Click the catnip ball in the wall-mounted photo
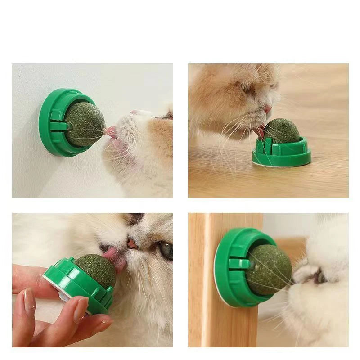[x=85, y=124]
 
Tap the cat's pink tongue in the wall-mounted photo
[x=111, y=132]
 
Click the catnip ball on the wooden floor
[x=281, y=131]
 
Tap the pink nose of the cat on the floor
[x=268, y=109]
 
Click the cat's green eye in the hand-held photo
[x=166, y=250]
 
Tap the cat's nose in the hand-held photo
[x=132, y=243]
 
